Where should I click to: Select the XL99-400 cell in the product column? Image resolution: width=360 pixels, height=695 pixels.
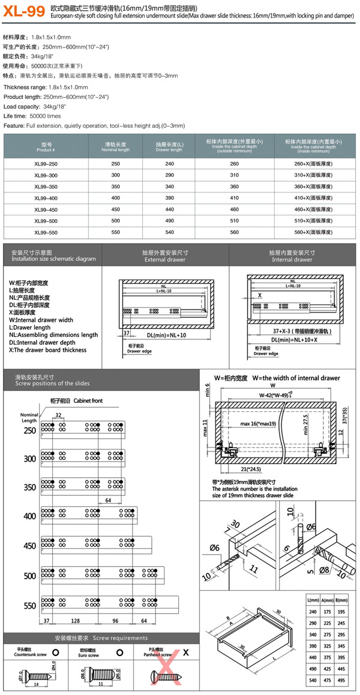pyautogui.click(x=46, y=197)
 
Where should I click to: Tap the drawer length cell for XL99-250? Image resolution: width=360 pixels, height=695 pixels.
pyautogui.click(x=169, y=163)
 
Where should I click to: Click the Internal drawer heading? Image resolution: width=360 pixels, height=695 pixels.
pyautogui.click(x=292, y=257)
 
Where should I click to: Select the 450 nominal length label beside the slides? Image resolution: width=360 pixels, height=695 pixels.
pyautogui.click(x=29, y=546)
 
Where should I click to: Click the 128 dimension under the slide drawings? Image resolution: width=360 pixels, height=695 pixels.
pyautogui.click(x=75, y=621)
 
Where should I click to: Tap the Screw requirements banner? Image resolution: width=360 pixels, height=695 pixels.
pyautogui.click(x=100, y=637)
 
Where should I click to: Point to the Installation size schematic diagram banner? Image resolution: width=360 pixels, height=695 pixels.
pyautogui.click(x=53, y=257)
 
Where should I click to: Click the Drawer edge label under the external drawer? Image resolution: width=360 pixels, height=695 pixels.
pyautogui.click(x=138, y=353)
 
